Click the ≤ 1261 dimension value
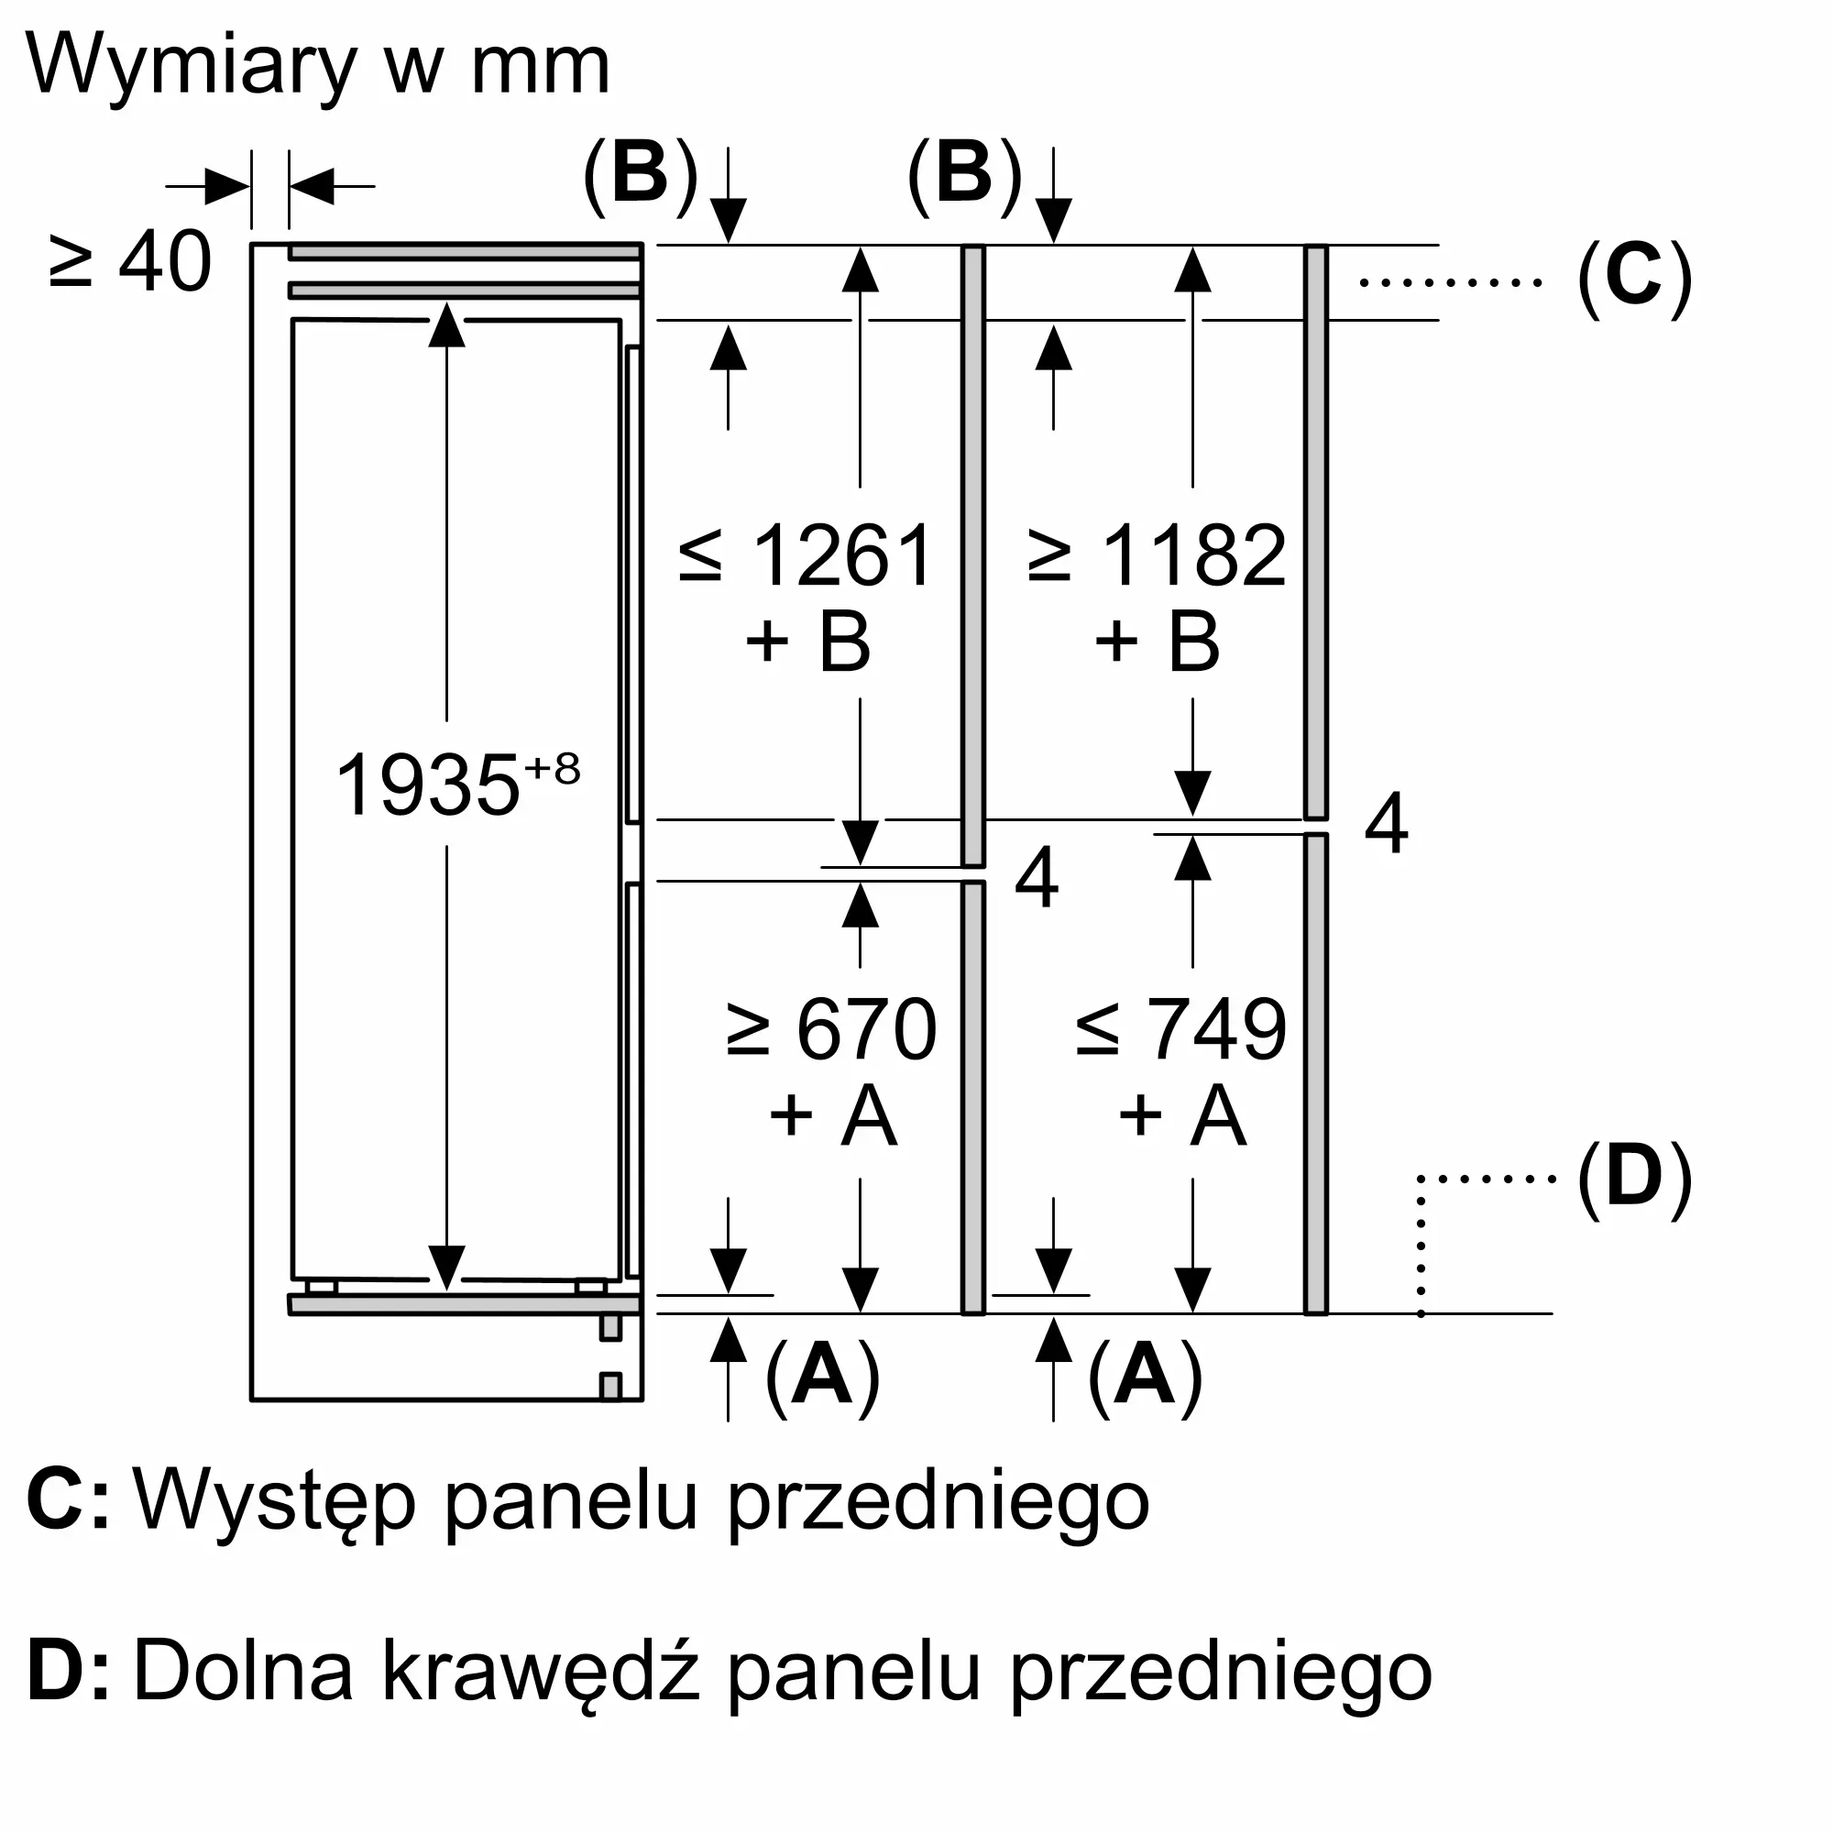(x=807, y=556)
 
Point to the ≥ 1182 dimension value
(x=1158, y=556)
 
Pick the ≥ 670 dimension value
(x=831, y=1029)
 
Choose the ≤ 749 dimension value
(x=1181, y=1029)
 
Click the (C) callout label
(x=1635, y=280)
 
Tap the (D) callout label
(x=1635, y=1180)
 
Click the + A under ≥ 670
(x=832, y=1115)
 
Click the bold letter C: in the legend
(x=69, y=1501)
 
